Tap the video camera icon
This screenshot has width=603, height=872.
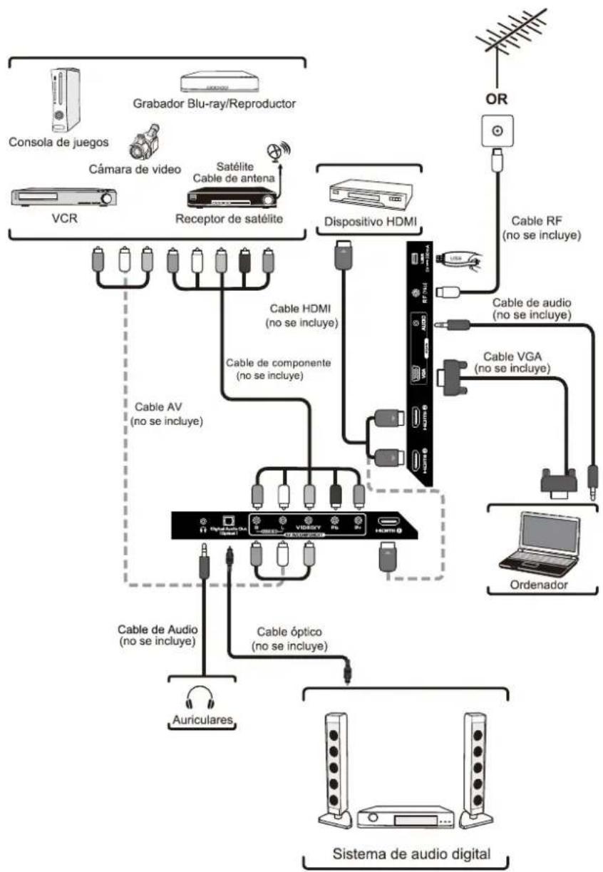pyautogui.click(x=143, y=141)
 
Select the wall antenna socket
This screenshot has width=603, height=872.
pyautogui.click(x=497, y=132)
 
